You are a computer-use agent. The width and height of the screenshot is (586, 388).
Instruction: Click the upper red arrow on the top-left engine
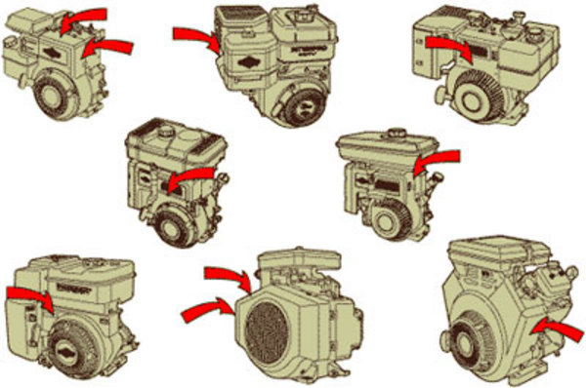pyautogui.click(x=82, y=18)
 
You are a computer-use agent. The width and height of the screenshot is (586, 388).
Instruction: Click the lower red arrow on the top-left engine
pyautogui.click(x=106, y=45)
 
